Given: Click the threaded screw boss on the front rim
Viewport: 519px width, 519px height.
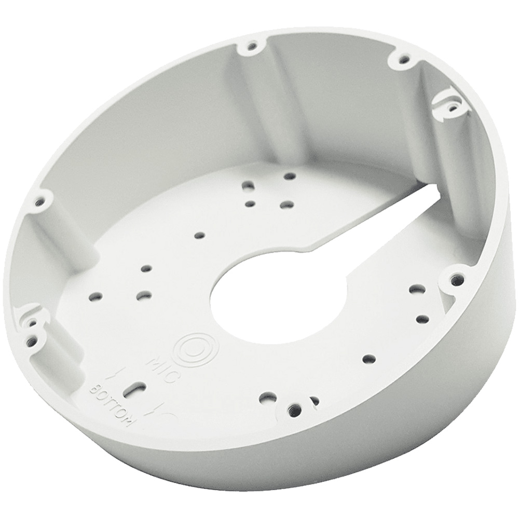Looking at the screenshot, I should pos(295,408).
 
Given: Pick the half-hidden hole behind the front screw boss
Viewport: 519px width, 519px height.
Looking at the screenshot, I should pos(315,401).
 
